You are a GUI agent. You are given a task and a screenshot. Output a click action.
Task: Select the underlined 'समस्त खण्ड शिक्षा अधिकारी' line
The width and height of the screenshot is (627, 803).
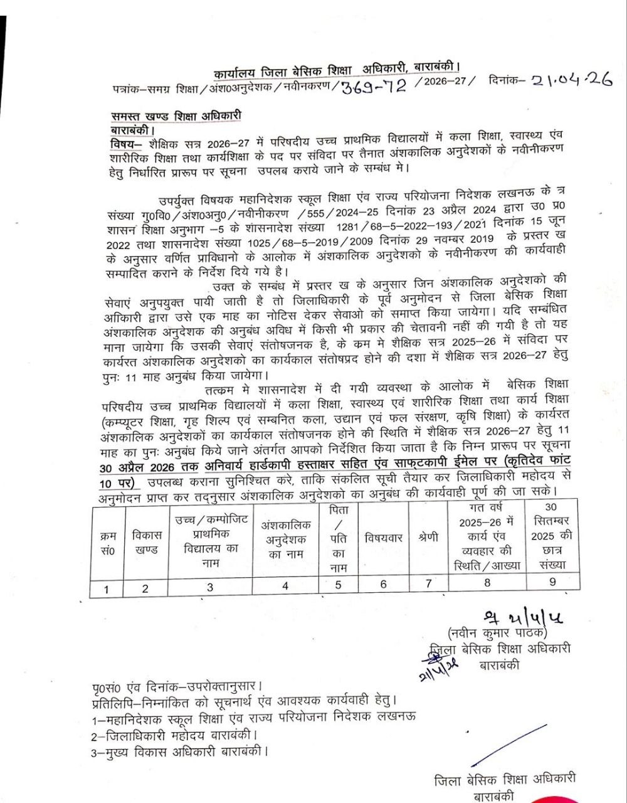(x=176, y=116)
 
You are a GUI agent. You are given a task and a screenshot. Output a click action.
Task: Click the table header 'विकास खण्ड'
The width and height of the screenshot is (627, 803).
(x=147, y=543)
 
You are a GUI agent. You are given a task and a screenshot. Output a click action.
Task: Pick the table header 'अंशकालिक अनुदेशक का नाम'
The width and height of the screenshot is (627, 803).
(x=286, y=540)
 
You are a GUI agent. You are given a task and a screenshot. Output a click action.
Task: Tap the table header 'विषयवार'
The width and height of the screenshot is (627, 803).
(x=384, y=538)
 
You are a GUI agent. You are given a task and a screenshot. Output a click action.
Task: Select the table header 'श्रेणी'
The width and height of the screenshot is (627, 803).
(x=428, y=538)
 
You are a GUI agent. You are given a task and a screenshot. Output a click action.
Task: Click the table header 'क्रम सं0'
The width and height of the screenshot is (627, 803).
(x=108, y=543)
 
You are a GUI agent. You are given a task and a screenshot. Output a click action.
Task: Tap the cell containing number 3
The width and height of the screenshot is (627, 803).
(x=210, y=587)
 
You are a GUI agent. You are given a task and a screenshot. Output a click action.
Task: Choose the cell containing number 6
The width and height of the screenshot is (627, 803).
(x=384, y=584)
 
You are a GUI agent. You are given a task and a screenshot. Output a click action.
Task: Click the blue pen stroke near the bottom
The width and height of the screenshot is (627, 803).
(x=508, y=745)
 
